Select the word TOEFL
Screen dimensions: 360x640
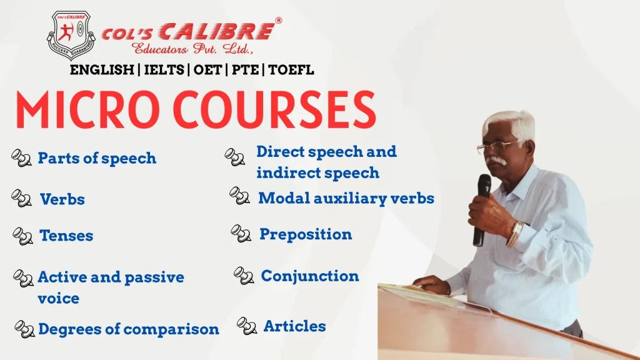291,69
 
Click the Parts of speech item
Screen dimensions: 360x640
97,158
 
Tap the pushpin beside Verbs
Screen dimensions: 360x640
21,199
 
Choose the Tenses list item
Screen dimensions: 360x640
66,236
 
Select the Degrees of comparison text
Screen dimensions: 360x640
129,329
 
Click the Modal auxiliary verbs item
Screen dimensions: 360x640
346,198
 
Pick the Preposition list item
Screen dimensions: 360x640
306,234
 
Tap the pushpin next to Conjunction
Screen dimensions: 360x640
243,276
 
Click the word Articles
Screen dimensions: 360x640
294,326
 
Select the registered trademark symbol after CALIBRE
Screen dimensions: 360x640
278,20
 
